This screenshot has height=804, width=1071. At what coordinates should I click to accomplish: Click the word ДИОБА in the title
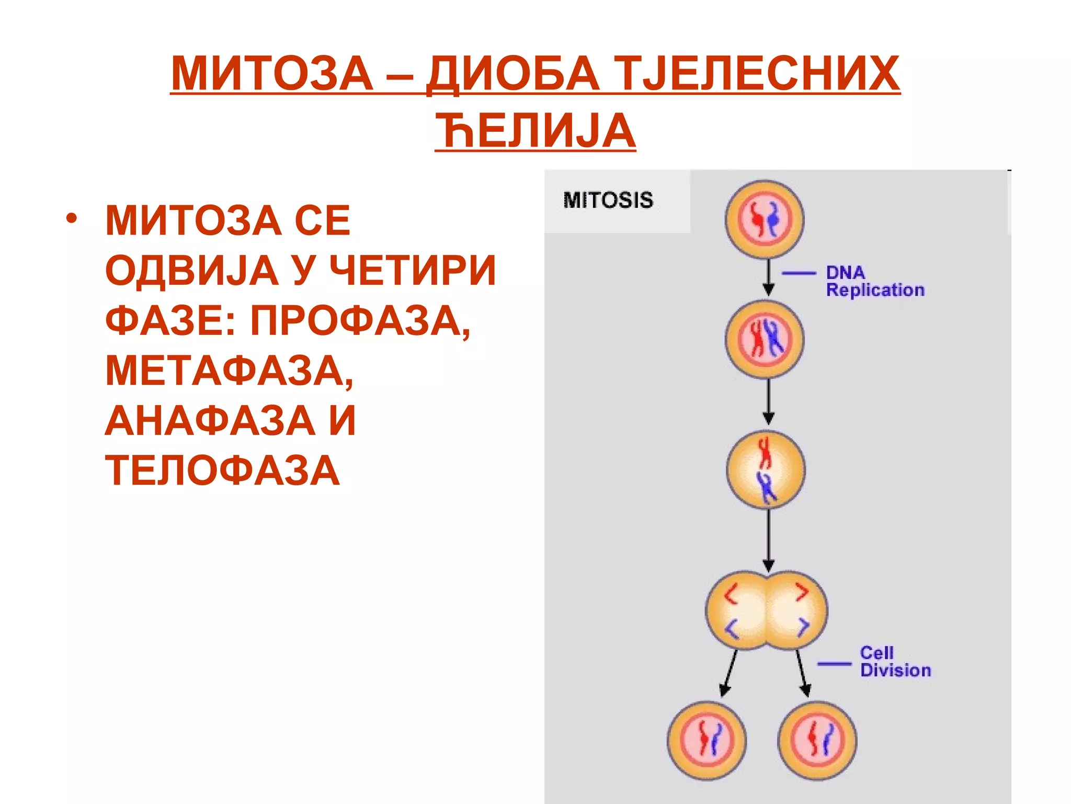(x=512, y=74)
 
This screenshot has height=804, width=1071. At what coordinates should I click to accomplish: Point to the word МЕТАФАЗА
(x=229, y=371)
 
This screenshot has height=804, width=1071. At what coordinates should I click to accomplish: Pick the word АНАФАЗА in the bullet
(x=210, y=420)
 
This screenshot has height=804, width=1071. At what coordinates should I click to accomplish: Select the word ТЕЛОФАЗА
(x=223, y=471)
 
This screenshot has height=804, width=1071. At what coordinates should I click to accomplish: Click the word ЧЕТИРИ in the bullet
(x=413, y=271)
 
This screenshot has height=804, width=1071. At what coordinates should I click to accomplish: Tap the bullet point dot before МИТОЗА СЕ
(x=71, y=217)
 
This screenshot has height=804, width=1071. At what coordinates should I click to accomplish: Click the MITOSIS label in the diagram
(x=608, y=200)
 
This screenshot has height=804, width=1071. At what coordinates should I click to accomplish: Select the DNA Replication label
(x=875, y=281)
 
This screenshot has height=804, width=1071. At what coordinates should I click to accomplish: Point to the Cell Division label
(x=895, y=662)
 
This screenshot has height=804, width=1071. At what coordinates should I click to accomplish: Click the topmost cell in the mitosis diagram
(x=765, y=219)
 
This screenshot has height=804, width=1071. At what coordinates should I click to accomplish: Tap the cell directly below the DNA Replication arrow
(x=765, y=340)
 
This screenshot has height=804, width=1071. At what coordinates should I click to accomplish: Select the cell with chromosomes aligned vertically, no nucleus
(x=766, y=470)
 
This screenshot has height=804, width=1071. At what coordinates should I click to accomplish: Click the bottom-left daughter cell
(x=707, y=741)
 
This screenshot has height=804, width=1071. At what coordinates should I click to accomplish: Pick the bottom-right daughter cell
(x=817, y=741)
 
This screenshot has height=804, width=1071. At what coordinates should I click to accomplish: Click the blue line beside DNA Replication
(x=799, y=273)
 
